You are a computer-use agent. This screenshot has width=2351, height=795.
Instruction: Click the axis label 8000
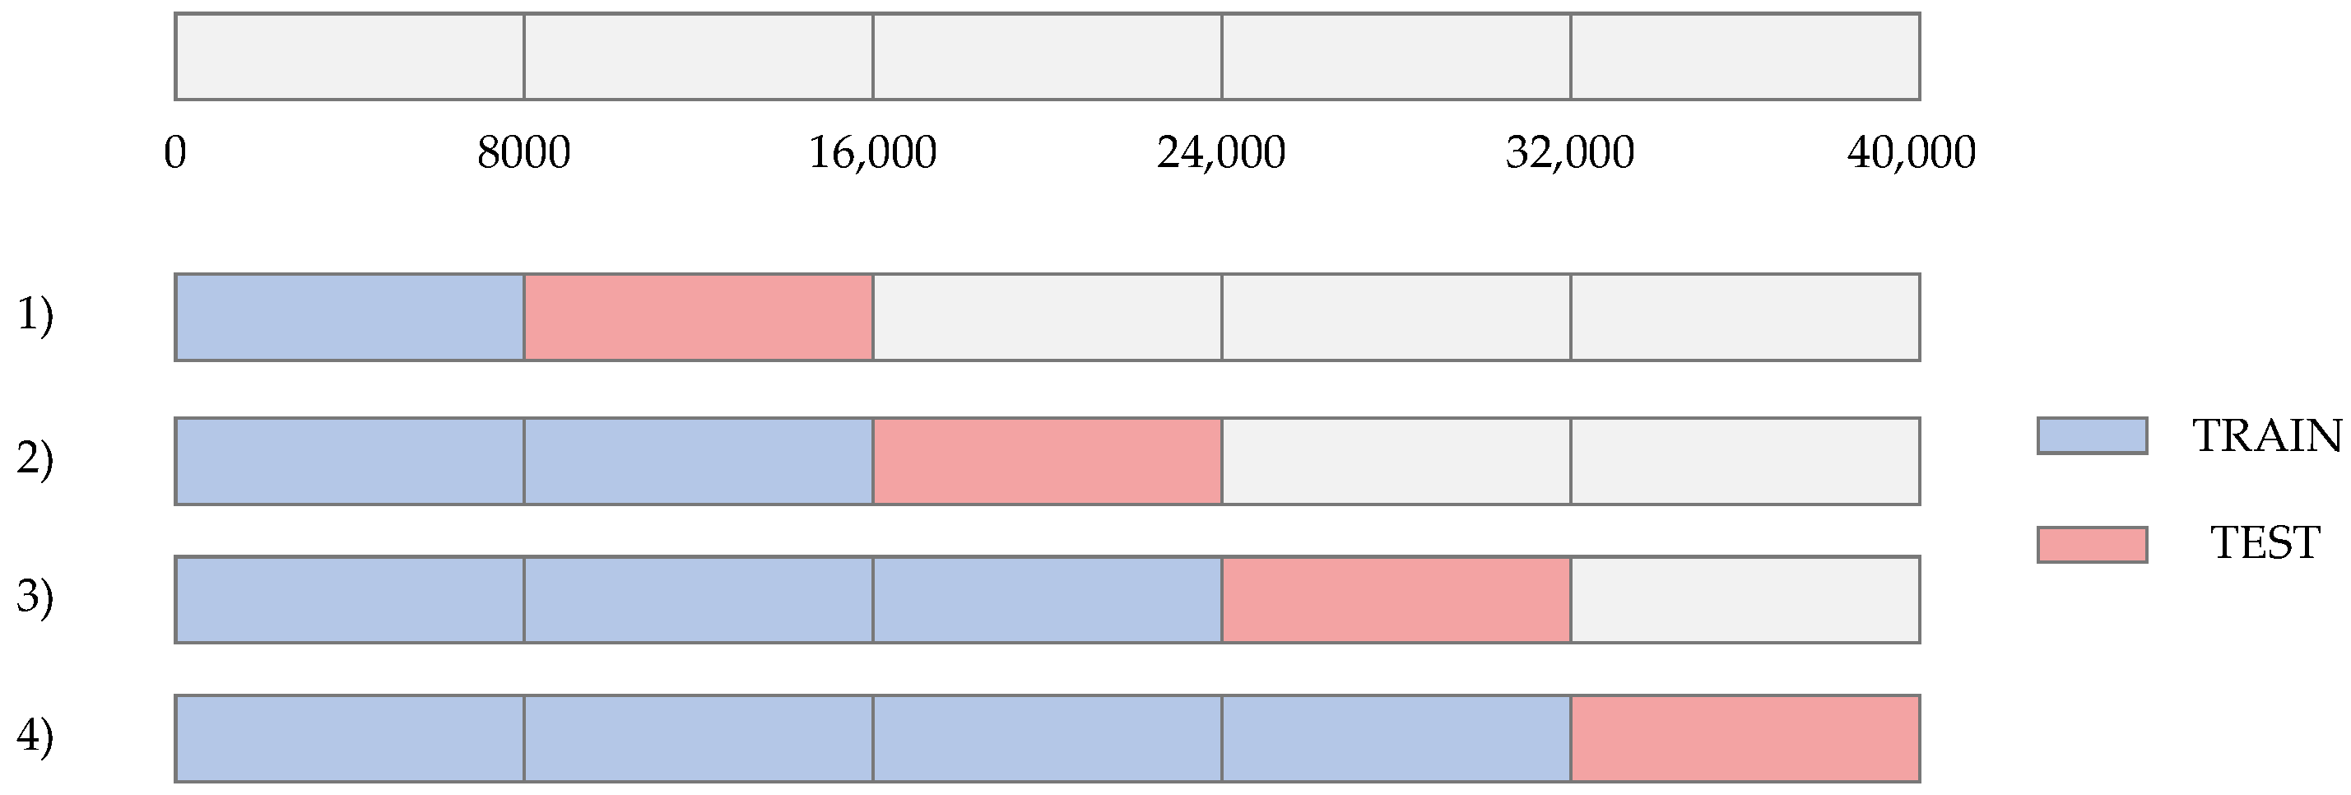(x=524, y=152)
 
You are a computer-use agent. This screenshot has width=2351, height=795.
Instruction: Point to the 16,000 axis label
(x=872, y=152)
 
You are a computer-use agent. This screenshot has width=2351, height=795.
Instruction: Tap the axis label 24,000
(x=1221, y=152)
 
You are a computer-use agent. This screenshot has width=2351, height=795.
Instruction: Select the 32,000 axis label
(x=1570, y=152)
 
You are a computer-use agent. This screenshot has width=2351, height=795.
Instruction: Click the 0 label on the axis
(x=175, y=152)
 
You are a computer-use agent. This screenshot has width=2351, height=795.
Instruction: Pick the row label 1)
(x=35, y=316)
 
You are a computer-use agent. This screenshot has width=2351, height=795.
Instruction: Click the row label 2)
(x=35, y=459)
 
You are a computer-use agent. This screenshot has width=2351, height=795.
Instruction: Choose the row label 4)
(x=35, y=737)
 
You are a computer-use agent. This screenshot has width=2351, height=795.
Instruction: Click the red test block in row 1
(x=698, y=317)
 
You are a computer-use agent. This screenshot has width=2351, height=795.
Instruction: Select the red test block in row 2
(x=1047, y=461)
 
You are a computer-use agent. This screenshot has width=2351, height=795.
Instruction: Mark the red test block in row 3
(x=1396, y=600)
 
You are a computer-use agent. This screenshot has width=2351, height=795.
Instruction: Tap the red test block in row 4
(x=1745, y=738)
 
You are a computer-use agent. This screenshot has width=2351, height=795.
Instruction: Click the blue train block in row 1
(x=350, y=317)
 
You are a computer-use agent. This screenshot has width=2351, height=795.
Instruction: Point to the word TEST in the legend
(x=2265, y=543)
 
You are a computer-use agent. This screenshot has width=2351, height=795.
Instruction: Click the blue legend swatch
(x=2092, y=435)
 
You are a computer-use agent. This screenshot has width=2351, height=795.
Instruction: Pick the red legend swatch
(x=2092, y=544)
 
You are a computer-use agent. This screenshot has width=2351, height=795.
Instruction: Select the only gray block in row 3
(x=1745, y=600)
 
